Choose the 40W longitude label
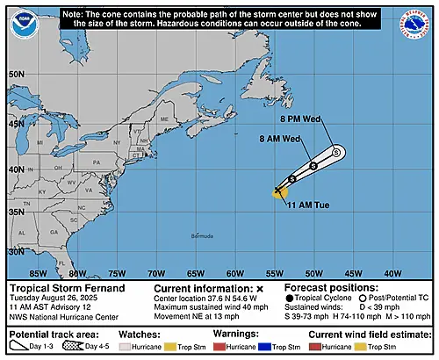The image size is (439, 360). (392, 272)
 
